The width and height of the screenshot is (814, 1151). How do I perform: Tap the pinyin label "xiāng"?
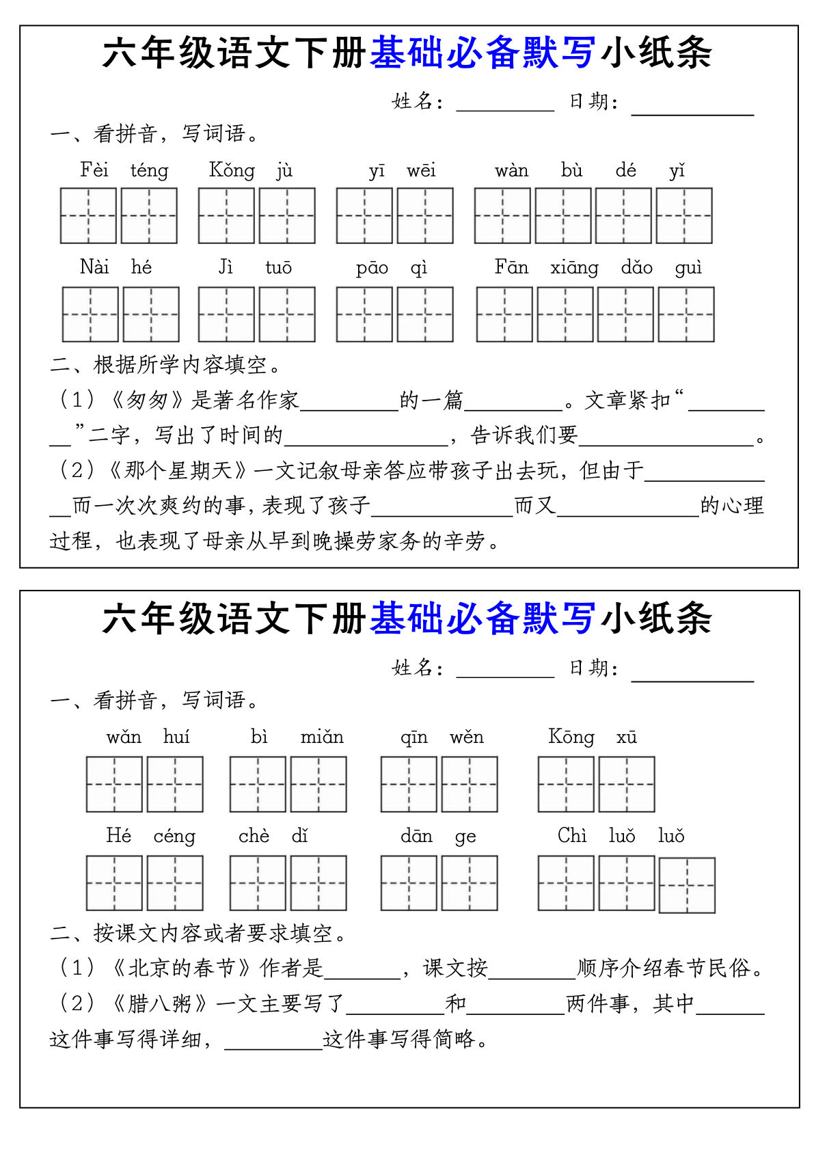[574, 267]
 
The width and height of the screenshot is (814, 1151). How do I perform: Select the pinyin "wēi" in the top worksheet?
[421, 170]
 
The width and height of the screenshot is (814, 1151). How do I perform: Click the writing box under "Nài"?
[90, 314]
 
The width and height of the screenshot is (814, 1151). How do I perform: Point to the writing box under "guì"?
[686, 314]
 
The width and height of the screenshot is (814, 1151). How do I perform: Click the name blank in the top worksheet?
[505, 103]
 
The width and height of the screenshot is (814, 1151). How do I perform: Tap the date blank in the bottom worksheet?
[692, 670]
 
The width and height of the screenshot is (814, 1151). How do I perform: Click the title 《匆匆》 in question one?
[147, 400]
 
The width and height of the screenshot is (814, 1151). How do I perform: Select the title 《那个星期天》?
[180, 470]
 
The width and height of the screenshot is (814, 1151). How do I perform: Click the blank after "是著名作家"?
[349, 402]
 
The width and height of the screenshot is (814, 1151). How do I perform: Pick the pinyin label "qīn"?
[414, 737]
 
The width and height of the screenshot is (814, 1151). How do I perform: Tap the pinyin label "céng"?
[174, 836]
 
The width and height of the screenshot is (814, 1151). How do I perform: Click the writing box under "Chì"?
[565, 883]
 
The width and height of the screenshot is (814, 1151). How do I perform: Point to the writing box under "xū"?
[626, 784]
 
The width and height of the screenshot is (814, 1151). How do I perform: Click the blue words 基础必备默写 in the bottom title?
[482, 619]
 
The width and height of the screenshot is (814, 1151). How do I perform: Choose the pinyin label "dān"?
[416, 836]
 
